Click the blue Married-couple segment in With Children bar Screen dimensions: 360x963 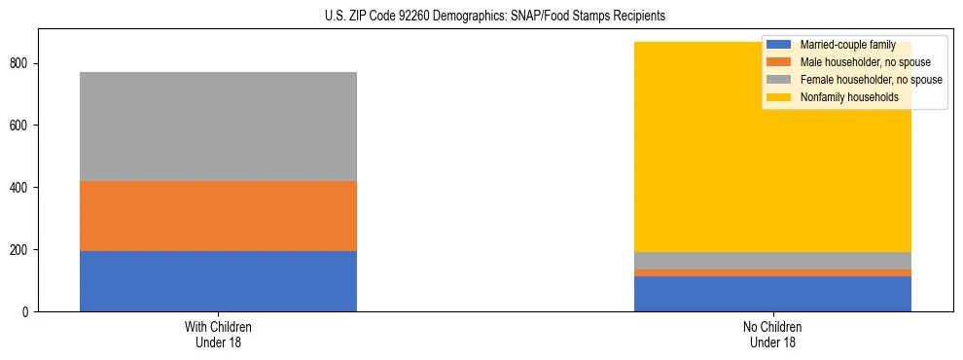coord(218,281)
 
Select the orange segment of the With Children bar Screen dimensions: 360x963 coord(218,216)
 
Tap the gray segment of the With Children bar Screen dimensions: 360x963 coord(218,126)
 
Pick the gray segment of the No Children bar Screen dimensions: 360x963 coord(772,261)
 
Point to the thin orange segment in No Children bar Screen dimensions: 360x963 coord(772,272)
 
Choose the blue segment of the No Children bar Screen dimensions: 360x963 coord(772,294)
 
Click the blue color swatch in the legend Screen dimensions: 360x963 coord(779,45)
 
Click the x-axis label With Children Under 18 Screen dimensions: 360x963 coord(218,335)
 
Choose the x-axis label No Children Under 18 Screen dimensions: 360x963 coord(772,335)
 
